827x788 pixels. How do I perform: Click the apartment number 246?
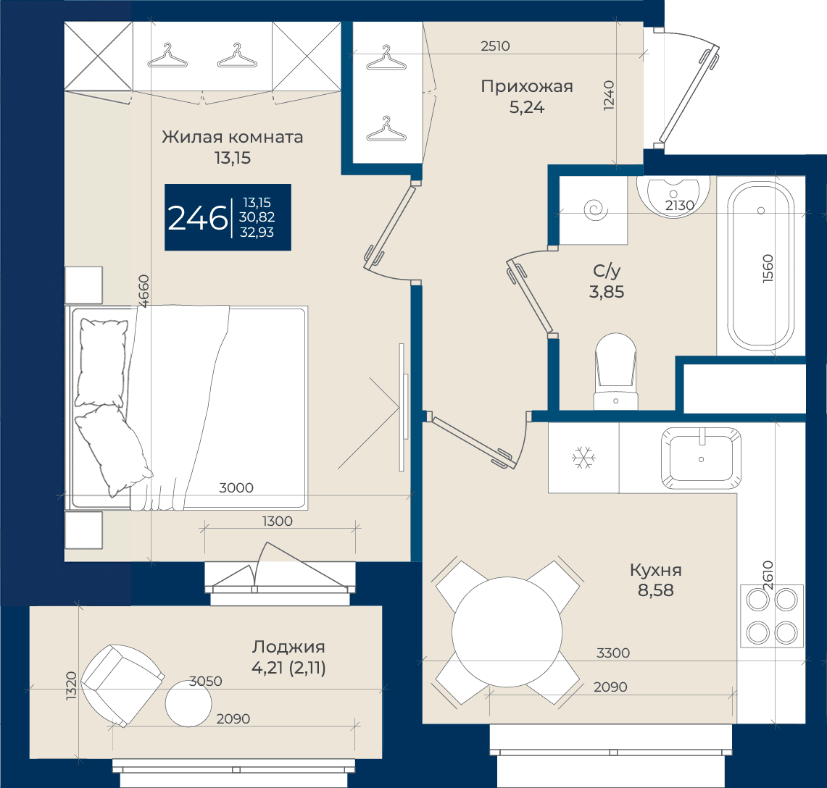coord(197,218)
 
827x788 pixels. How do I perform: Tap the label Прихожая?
coord(526,86)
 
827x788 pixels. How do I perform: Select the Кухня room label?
coord(656,570)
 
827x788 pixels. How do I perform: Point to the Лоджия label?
coord(288,647)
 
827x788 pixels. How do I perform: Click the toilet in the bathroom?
coord(615,372)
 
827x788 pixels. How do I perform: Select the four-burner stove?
coord(772,616)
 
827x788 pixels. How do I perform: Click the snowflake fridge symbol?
coord(584,458)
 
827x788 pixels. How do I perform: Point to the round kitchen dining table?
coord(507,632)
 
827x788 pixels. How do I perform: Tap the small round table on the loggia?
coord(188,704)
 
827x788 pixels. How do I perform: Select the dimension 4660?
coord(144,290)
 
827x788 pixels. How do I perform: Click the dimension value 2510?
coord(495,46)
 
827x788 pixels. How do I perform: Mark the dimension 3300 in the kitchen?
coord(613,653)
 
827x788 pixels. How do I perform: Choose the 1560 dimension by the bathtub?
coord(768,269)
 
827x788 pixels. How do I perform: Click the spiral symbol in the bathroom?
coord(596,210)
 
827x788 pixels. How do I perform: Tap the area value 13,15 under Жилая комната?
coord(233,158)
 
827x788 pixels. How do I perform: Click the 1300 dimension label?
coord(278,521)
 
